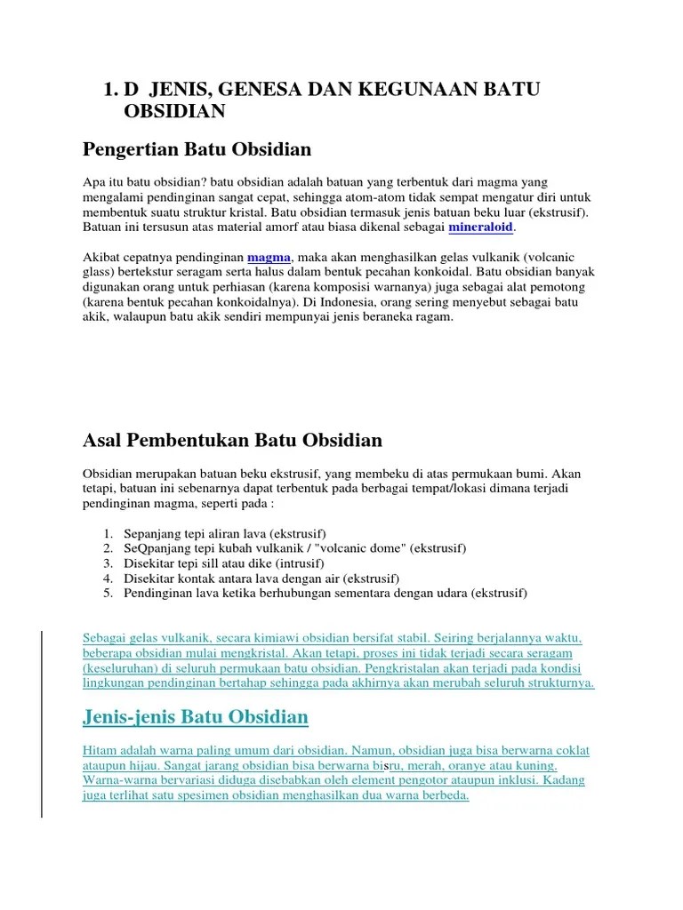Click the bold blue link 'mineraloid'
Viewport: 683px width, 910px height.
click(x=482, y=227)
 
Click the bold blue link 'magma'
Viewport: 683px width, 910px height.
click(x=269, y=257)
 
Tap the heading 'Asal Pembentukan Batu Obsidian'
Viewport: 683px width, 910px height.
click(x=232, y=440)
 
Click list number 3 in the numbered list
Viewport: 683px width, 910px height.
click(x=108, y=563)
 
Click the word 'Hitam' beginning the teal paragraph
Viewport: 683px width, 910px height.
click(x=98, y=750)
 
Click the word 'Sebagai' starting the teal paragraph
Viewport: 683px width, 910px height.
click(x=104, y=638)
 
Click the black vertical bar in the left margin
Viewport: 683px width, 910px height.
click(x=43, y=711)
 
